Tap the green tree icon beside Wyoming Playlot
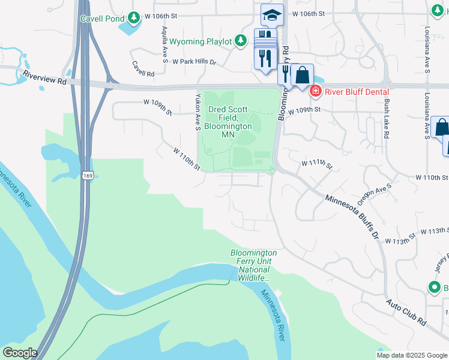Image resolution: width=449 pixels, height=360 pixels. click(241, 41)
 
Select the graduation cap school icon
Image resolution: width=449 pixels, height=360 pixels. click(272, 15)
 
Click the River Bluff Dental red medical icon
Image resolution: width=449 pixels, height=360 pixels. click(315, 92)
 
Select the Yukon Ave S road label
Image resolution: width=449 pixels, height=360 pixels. click(197, 112)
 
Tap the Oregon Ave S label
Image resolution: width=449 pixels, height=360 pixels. click(375, 194)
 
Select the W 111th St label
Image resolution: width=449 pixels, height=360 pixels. click(316, 163)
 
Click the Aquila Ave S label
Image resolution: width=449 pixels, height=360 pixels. click(164, 44)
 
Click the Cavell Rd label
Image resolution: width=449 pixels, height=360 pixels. click(143, 69)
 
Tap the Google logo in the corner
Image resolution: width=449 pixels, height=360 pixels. click(20, 353)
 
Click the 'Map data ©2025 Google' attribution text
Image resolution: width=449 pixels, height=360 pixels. click(411, 355)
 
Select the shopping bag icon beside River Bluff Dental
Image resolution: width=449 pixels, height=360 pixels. click(303, 75)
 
